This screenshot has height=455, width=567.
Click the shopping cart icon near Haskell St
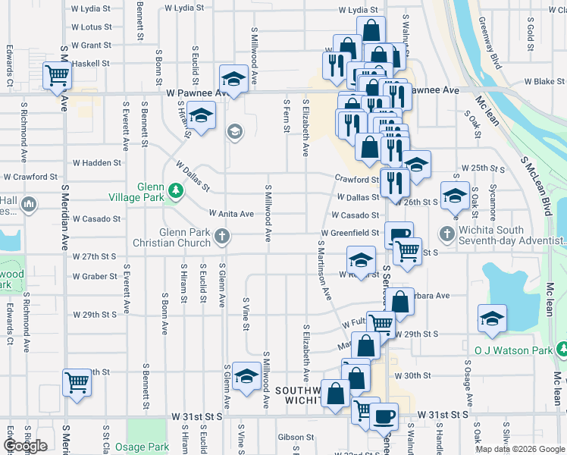[x=58, y=76]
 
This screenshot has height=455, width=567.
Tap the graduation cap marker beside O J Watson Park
[x=492, y=318]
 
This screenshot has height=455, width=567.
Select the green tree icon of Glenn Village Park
[x=176, y=190]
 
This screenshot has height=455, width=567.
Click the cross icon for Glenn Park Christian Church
[x=223, y=237]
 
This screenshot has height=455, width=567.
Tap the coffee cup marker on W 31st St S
[x=384, y=416]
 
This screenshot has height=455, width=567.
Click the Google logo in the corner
[x=25, y=446]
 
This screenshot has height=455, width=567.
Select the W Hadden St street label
[x=96, y=163]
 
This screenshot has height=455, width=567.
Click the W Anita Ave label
[x=231, y=214]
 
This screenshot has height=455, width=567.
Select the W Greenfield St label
[x=349, y=233]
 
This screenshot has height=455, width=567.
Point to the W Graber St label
[x=95, y=277]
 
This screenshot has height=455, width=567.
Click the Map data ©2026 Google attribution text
[x=520, y=449]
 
